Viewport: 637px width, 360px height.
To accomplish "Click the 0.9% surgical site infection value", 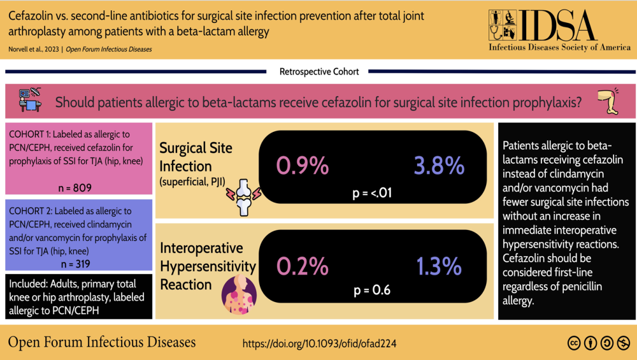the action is tap(302, 166).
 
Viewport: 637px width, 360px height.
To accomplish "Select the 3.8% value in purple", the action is tap(439, 166).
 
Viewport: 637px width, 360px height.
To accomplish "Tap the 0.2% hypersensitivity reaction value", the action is tap(302, 266).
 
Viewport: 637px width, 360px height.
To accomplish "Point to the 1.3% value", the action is tap(439, 266).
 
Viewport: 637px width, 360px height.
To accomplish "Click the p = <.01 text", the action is tap(372, 192).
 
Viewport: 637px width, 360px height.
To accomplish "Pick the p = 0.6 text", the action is tap(372, 290).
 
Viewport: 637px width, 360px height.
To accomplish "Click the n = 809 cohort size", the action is tap(75, 188).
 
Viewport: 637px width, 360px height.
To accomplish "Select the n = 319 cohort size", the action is tap(76, 264).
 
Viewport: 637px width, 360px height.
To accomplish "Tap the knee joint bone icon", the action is tap(244, 198).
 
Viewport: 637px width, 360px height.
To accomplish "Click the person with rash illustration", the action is tap(239, 294).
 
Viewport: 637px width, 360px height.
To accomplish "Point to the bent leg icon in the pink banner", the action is tap(608, 101).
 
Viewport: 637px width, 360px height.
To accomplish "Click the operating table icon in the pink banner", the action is tap(30, 100).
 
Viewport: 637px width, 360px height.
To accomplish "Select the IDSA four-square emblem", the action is tap(503, 25).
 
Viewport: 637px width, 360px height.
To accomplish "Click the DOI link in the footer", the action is tap(319, 343).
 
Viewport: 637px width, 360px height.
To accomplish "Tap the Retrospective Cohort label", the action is tap(319, 71).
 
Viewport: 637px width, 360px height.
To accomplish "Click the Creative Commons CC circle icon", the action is tap(574, 343).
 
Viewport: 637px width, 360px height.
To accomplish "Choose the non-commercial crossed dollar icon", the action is tap(624, 343).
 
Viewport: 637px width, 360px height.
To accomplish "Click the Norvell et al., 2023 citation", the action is tap(34, 49).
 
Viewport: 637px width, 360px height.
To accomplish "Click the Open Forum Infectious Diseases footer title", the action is tap(101, 342).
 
